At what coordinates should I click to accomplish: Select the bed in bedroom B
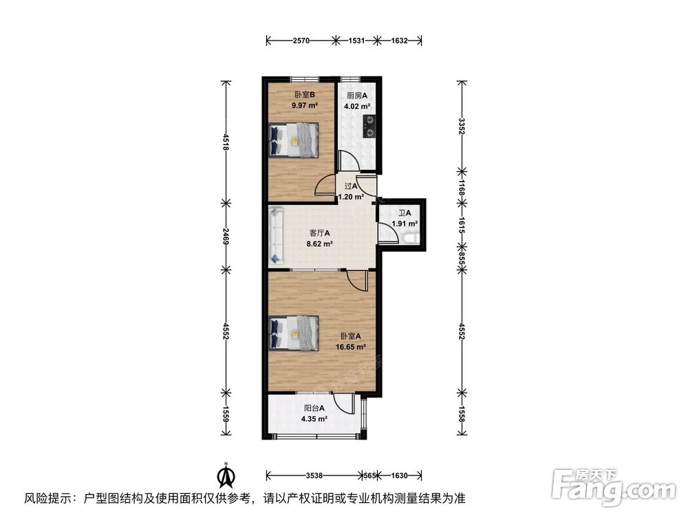(294, 140)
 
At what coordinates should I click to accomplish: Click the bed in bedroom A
(294, 333)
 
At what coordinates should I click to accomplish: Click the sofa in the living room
(277, 235)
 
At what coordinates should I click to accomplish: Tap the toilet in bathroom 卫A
(411, 237)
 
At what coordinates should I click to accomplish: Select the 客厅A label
(319, 233)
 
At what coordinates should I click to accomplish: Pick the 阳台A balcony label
(313, 408)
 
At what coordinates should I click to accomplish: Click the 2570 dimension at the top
(300, 41)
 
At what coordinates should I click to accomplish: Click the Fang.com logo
(615, 487)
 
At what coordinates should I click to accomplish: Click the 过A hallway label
(350, 186)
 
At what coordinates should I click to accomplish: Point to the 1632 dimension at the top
(400, 41)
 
